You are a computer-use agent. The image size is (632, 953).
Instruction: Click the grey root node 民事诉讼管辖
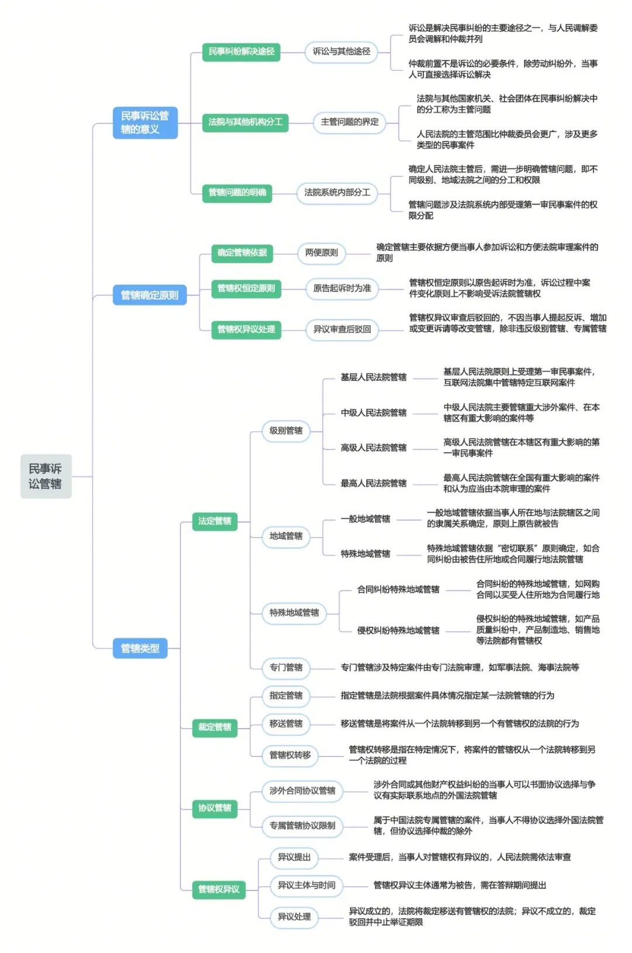pos(46,476)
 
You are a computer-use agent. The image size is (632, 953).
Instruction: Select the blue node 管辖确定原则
pos(149,295)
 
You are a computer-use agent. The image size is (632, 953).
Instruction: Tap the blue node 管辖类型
pos(140,648)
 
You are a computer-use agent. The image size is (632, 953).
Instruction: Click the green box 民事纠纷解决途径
pos(241,52)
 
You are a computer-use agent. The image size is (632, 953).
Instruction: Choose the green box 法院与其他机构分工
pos(245,122)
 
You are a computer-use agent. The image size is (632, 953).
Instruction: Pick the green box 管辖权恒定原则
pos(246,289)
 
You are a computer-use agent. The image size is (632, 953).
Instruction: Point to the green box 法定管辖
pos(215,521)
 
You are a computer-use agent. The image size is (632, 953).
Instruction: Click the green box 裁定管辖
pos(215,727)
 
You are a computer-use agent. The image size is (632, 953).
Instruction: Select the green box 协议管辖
pos(215,808)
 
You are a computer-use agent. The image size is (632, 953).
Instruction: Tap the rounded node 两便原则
pos(321,253)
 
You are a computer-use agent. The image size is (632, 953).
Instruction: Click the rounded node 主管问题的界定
pos(349,122)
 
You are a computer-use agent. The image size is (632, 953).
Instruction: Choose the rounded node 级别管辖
pos(286,431)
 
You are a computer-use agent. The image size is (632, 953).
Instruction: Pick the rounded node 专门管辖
pos(286,667)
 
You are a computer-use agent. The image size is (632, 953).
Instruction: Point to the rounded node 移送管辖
pos(286,724)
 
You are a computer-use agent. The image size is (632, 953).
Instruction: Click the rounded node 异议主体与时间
pos(306,885)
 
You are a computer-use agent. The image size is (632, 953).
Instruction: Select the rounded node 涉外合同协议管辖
pos(303,791)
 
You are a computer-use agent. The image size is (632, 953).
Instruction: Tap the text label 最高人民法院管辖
pos(373,484)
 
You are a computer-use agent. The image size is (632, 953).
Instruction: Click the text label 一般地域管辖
pos(365,519)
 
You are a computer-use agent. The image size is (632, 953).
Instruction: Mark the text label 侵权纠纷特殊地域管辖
pos(398,630)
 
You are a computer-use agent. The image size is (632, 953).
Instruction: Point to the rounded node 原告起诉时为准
pos(342,289)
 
